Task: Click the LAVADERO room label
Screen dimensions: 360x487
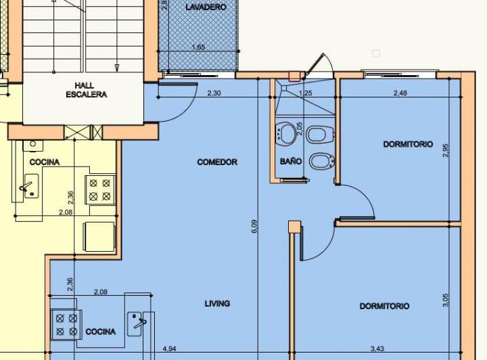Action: (x=206, y=7)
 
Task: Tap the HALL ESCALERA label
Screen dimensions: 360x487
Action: (x=86, y=90)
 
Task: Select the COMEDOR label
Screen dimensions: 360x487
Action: (x=217, y=162)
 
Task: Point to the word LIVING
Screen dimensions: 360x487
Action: (x=217, y=304)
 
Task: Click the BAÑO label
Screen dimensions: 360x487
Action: (x=291, y=162)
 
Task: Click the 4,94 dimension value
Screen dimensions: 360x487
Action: (x=169, y=349)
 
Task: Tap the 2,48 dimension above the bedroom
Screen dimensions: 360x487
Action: (x=400, y=93)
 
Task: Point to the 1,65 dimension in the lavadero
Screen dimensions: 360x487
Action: (x=198, y=47)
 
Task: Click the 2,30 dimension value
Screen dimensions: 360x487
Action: (x=214, y=93)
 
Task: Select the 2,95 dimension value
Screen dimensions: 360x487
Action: (x=445, y=150)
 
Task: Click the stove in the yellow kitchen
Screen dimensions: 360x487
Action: (x=100, y=189)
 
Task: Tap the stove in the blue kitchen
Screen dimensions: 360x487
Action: (x=66, y=324)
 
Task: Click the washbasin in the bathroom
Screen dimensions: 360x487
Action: (x=287, y=134)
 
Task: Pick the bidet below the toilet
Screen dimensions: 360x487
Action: (x=319, y=162)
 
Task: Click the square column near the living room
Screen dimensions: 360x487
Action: (x=294, y=227)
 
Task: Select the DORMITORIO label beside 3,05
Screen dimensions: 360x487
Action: (x=384, y=307)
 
